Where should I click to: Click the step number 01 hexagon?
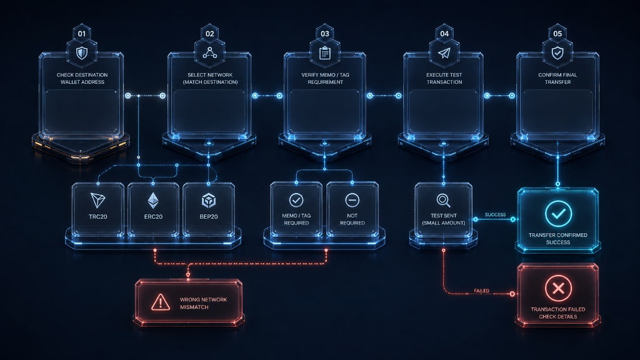click(x=82, y=34)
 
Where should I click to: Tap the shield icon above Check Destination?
click(x=82, y=53)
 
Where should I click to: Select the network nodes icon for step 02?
click(x=210, y=52)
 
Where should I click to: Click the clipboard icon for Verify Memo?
click(x=325, y=52)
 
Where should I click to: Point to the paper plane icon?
click(x=444, y=52)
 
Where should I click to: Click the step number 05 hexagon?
click(x=557, y=34)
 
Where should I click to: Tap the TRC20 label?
click(x=98, y=217)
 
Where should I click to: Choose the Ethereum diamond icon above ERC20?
click(x=153, y=201)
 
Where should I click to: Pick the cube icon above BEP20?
click(x=209, y=201)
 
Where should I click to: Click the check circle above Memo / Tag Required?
click(x=296, y=201)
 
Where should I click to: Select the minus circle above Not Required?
click(x=352, y=201)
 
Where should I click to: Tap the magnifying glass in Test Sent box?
click(x=444, y=201)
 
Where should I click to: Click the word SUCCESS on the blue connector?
click(x=496, y=215)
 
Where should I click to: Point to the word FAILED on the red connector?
click(x=482, y=291)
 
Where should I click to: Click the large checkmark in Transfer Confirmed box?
click(x=558, y=214)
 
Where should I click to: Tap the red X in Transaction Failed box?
click(x=558, y=288)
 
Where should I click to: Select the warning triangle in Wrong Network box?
click(x=161, y=302)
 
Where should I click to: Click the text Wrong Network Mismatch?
click(x=203, y=303)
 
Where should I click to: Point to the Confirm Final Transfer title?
click(x=557, y=78)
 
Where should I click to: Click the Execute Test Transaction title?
click(x=444, y=78)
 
